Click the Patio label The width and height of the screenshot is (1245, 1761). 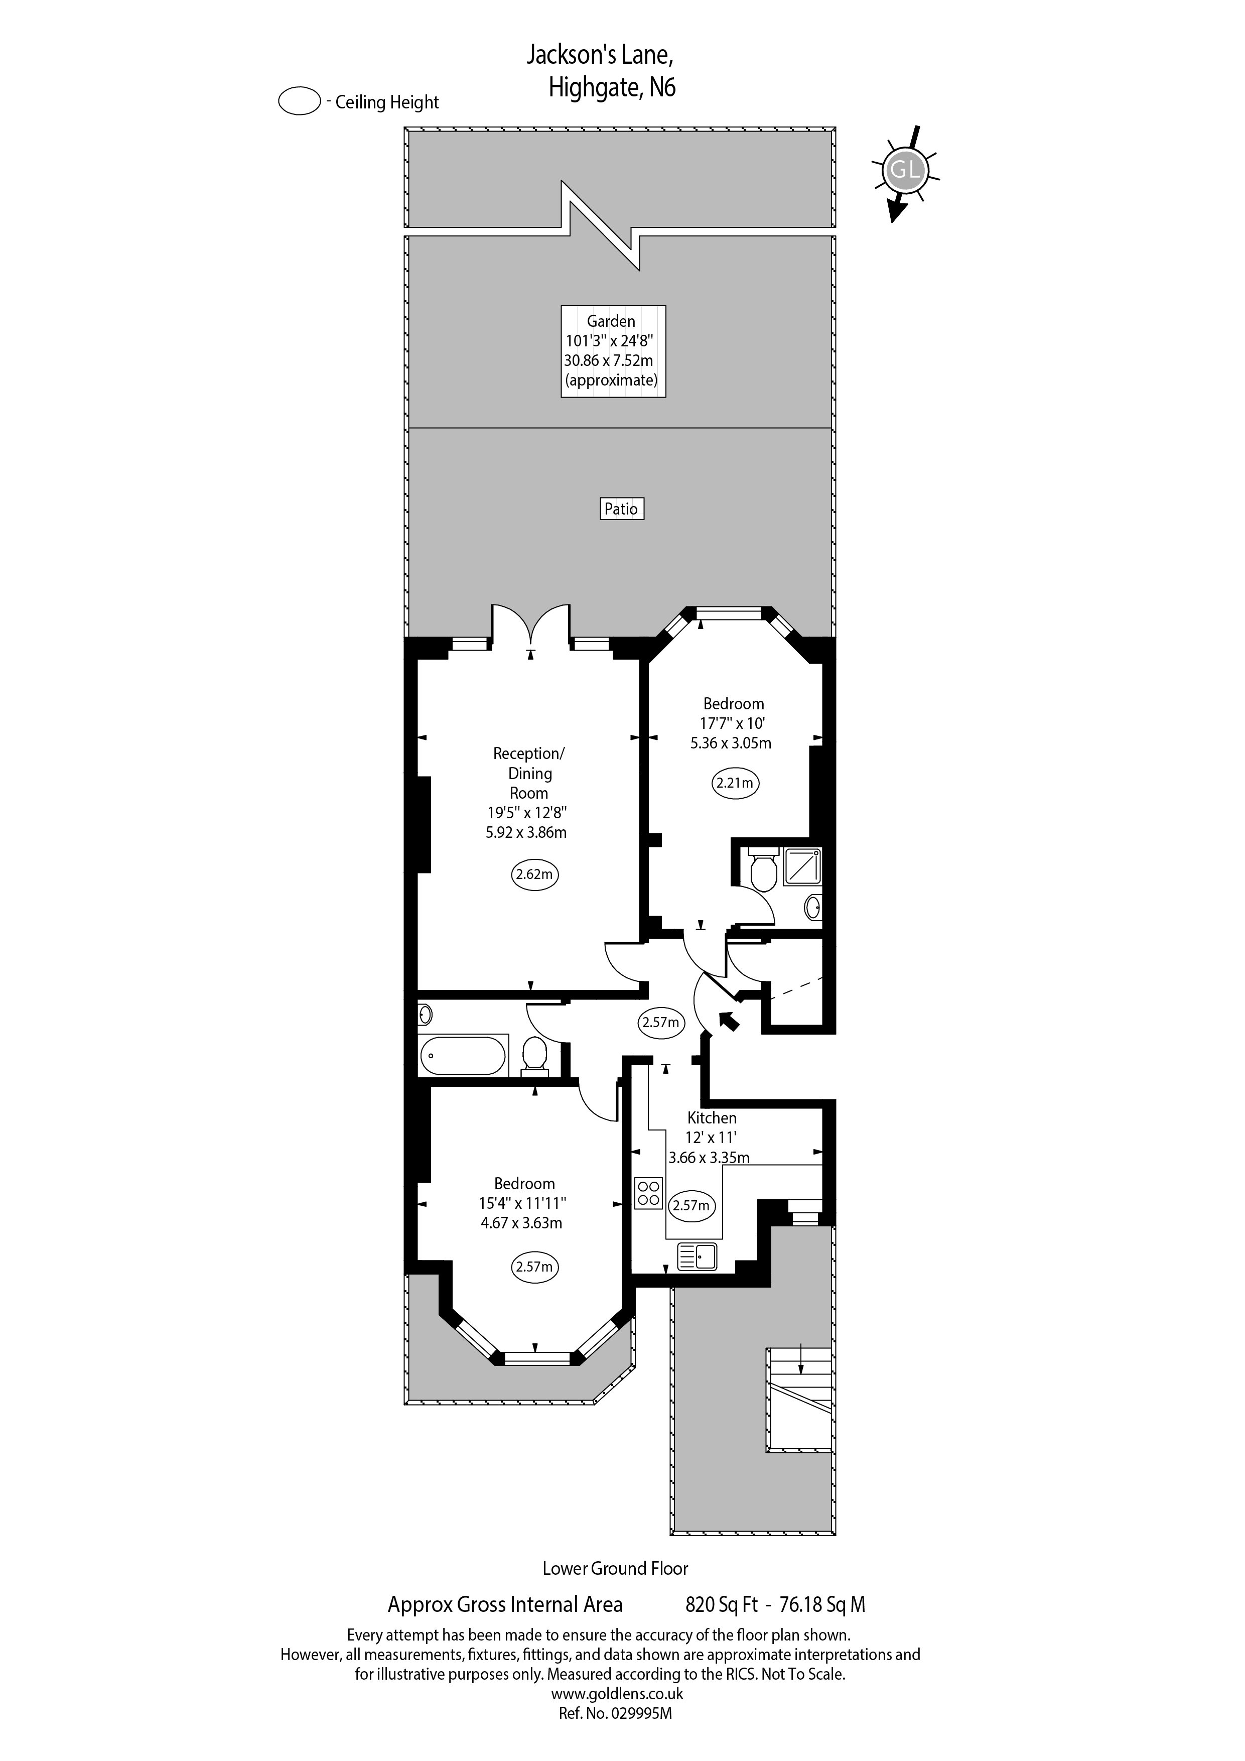pyautogui.click(x=621, y=509)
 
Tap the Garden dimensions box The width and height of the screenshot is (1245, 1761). pyautogui.click(x=613, y=350)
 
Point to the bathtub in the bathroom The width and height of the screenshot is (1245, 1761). pyautogui.click(x=462, y=1056)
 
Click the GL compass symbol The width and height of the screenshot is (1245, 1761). pyautogui.click(x=905, y=170)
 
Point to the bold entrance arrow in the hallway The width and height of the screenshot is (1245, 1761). pyautogui.click(x=729, y=1020)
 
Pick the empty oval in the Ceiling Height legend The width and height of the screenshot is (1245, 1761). pyautogui.click(x=299, y=101)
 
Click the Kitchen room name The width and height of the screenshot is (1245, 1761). pyautogui.click(x=712, y=1118)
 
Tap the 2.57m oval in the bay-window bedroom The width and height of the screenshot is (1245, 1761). pyautogui.click(x=534, y=1267)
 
